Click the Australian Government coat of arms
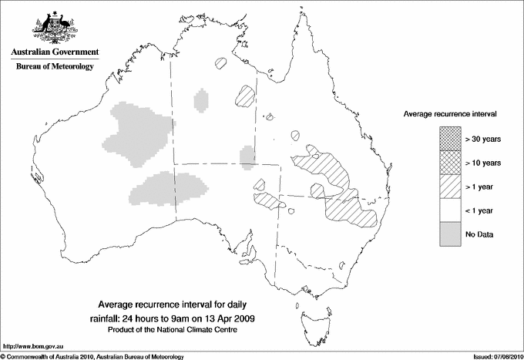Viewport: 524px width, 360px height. coord(54,27)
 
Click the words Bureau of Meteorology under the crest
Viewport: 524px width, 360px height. coord(54,67)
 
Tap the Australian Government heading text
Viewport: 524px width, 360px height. coord(54,52)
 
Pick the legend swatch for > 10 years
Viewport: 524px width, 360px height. coord(450,163)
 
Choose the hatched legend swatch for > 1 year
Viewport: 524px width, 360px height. coord(450,187)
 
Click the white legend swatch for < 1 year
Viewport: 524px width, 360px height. coord(450,210)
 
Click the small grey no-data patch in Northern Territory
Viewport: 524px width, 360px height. coord(202,100)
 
